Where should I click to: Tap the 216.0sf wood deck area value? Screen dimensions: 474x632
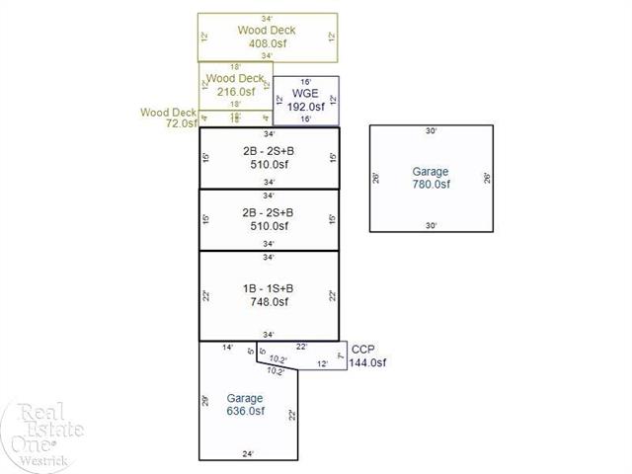234,92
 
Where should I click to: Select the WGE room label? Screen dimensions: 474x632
306,93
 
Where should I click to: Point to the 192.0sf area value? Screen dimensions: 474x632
306,106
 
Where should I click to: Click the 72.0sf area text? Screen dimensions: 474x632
184,124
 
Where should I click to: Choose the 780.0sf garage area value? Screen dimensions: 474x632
431,185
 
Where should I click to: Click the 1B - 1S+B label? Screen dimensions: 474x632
268,288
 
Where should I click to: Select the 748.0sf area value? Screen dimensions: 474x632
268,301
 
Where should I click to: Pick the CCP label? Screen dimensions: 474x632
363,350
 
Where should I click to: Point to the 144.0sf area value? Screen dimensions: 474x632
367,362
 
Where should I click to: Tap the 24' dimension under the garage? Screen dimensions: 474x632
249,454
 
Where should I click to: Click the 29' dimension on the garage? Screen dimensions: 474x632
204,399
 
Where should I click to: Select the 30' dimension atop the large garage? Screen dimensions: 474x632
431,130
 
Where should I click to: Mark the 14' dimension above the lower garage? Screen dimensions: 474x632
227,347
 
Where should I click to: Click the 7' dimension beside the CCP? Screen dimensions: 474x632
339,355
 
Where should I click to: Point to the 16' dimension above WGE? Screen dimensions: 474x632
306,81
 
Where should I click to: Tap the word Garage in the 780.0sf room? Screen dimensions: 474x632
431,172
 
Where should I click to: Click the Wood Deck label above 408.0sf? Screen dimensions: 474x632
267,30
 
